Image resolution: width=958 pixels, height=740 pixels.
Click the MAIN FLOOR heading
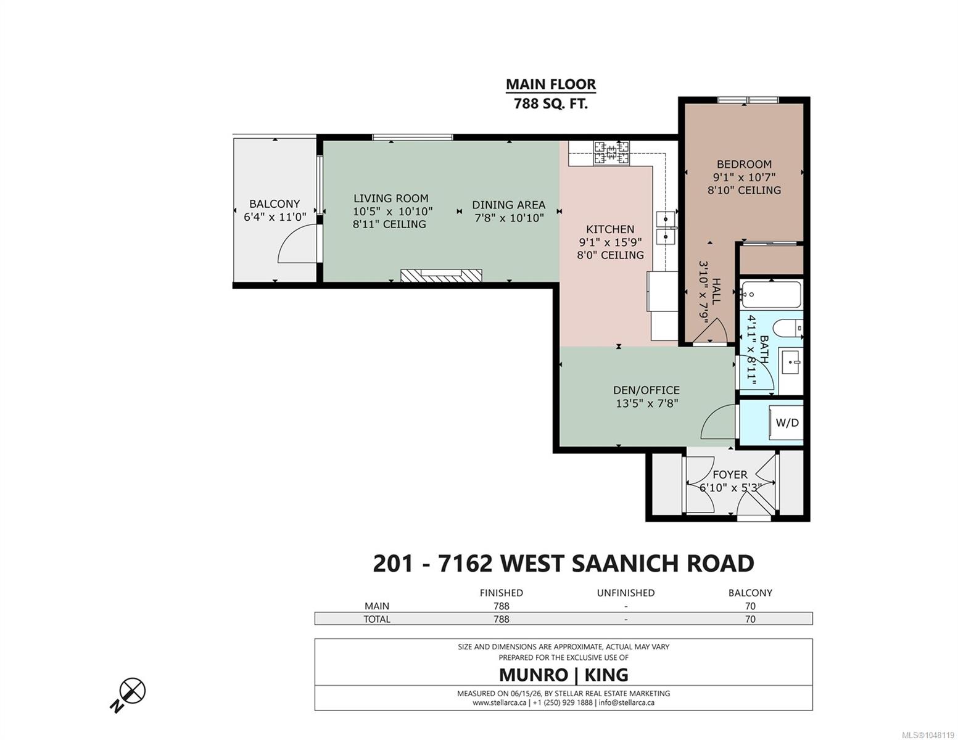click(551, 84)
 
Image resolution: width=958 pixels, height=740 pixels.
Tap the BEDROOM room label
click(744, 165)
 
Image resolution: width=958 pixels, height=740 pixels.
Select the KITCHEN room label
click(610, 229)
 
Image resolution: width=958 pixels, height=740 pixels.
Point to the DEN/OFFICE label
click(646, 390)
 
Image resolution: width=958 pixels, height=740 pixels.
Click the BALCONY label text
click(275, 203)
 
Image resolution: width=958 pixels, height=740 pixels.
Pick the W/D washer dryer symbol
click(787, 422)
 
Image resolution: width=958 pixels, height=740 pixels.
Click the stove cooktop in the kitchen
click(611, 153)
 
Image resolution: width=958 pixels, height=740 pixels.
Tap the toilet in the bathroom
click(788, 328)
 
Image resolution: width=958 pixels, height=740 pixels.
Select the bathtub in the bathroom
click(771, 295)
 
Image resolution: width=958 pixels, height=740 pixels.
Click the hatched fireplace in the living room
click(441, 276)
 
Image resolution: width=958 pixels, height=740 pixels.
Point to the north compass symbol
click(128, 694)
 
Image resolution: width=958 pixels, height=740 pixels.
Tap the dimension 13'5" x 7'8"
click(646, 403)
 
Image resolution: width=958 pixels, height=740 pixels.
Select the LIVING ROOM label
click(390, 199)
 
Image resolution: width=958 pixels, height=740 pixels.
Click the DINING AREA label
click(509, 205)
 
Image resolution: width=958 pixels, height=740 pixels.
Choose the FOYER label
click(730, 475)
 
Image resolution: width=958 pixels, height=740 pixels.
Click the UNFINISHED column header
click(626, 593)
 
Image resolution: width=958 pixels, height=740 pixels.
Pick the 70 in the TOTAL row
click(750, 619)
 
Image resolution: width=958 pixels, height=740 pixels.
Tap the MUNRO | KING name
click(563, 675)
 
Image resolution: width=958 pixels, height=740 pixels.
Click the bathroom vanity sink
click(790, 364)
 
